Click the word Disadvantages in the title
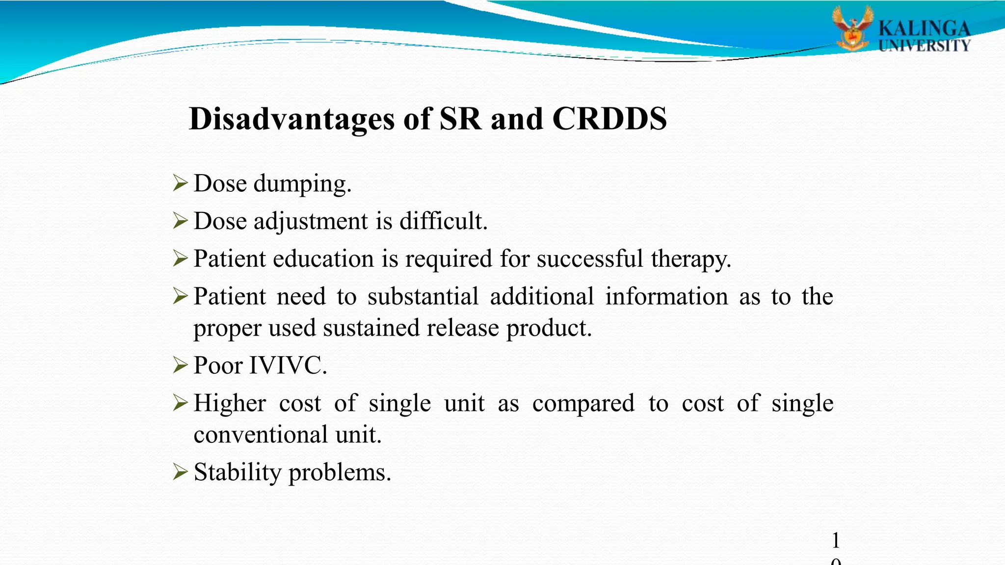tap(291, 119)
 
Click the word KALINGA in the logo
tap(924, 28)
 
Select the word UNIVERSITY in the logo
tap(924, 46)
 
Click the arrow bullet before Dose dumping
tap(181, 183)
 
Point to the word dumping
tap(302, 184)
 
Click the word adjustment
tap(310, 222)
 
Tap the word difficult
tap(443, 221)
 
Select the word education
tap(323, 259)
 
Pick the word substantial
tap(423, 297)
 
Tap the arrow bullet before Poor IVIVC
tap(181, 365)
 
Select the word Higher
tap(230, 404)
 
